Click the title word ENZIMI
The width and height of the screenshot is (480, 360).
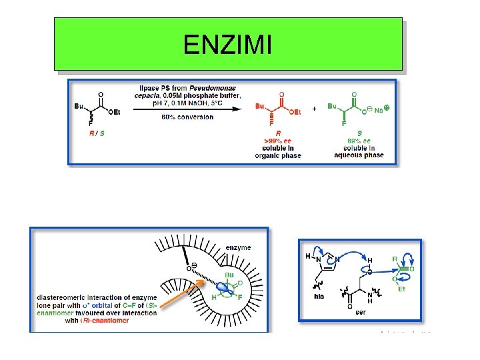click(x=227, y=45)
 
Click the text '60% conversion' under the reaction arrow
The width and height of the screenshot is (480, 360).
click(x=178, y=117)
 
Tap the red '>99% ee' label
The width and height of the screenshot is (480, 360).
click(x=277, y=141)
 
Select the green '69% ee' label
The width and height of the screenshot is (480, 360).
click(x=359, y=141)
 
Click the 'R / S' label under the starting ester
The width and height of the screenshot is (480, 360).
click(x=97, y=133)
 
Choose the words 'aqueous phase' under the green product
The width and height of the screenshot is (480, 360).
click(x=359, y=155)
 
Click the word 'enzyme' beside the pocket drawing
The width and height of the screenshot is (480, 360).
click(x=238, y=247)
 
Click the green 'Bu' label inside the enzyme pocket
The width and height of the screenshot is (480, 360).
click(x=229, y=275)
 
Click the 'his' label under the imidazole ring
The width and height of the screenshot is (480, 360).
click(x=319, y=296)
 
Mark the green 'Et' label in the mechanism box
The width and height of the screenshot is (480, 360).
click(x=401, y=289)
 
